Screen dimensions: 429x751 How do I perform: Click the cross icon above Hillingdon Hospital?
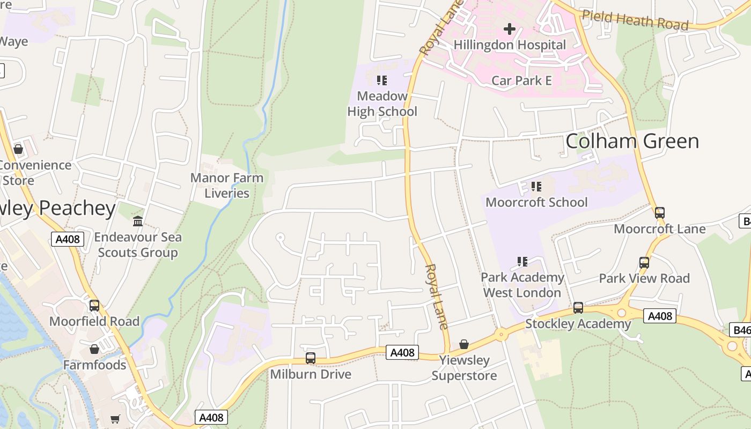[x=509, y=28]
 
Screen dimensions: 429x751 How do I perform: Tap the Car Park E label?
[x=521, y=80]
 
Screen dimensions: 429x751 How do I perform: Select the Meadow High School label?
[x=382, y=103]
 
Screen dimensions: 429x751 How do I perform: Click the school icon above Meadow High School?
[x=382, y=80]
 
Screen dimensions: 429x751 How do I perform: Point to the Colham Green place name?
[x=632, y=141]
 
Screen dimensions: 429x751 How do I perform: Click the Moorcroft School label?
[x=536, y=202]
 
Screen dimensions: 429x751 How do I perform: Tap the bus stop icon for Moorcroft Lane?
[x=660, y=213]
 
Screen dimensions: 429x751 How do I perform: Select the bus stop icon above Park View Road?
[x=644, y=263]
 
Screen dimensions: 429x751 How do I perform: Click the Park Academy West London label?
[x=522, y=285]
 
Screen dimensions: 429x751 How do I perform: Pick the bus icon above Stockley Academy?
[x=578, y=308]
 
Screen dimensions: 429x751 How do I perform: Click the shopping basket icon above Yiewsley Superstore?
[x=464, y=344]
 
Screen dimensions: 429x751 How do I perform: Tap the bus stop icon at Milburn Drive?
[x=311, y=358]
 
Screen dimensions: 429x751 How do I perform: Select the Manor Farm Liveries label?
[x=227, y=186]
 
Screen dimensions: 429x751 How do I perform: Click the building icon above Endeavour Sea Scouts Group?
[x=138, y=221]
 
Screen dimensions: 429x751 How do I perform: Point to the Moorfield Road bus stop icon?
[x=94, y=306]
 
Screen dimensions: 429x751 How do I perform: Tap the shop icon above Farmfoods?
[x=94, y=350]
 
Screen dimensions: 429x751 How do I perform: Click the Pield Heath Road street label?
[x=635, y=20]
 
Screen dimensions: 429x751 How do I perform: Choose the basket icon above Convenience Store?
[x=18, y=149]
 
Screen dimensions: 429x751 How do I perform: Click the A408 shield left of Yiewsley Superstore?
[x=402, y=352]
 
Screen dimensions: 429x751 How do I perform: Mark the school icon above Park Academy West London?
[x=522, y=262]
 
